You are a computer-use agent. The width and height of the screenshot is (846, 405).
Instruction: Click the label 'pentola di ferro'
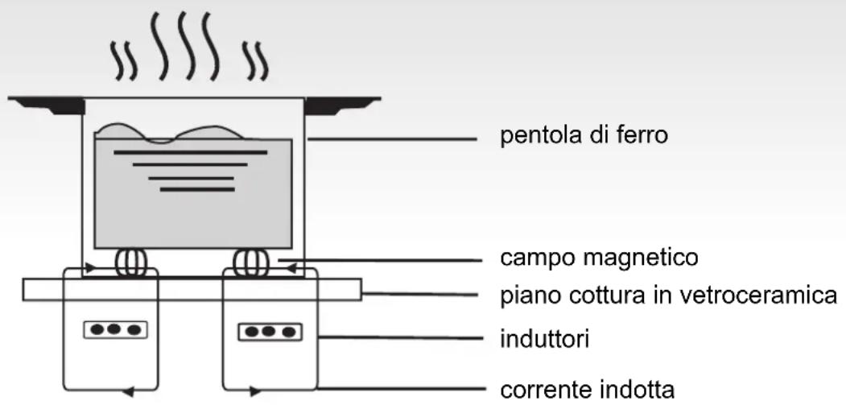[584, 134]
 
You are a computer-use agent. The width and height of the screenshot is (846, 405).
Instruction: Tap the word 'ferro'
[644, 134]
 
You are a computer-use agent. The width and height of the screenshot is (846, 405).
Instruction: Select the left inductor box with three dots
[116, 329]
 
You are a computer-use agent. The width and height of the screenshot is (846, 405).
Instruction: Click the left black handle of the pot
[46, 105]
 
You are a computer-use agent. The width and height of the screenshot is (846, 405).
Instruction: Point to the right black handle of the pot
[343, 105]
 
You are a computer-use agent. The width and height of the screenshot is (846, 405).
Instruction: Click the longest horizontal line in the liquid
[191, 151]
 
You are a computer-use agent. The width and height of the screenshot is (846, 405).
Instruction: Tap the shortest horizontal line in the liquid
[197, 190]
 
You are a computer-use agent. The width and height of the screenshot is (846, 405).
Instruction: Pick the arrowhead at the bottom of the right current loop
[254, 392]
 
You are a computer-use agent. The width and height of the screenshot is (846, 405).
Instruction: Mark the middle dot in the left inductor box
[116, 329]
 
